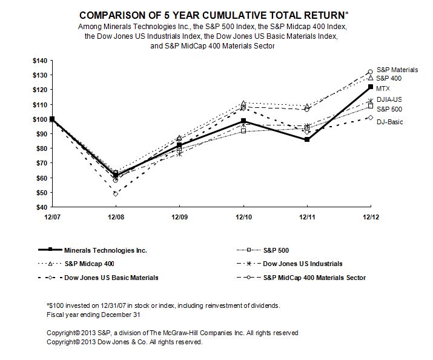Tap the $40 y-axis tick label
(40, 207)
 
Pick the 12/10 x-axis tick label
(243, 216)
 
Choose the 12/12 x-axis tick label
(371, 216)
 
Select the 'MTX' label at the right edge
(383, 88)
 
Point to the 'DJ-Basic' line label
(389, 122)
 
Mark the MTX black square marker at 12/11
(307, 139)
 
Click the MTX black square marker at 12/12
(371, 87)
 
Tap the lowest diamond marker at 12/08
(115, 194)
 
